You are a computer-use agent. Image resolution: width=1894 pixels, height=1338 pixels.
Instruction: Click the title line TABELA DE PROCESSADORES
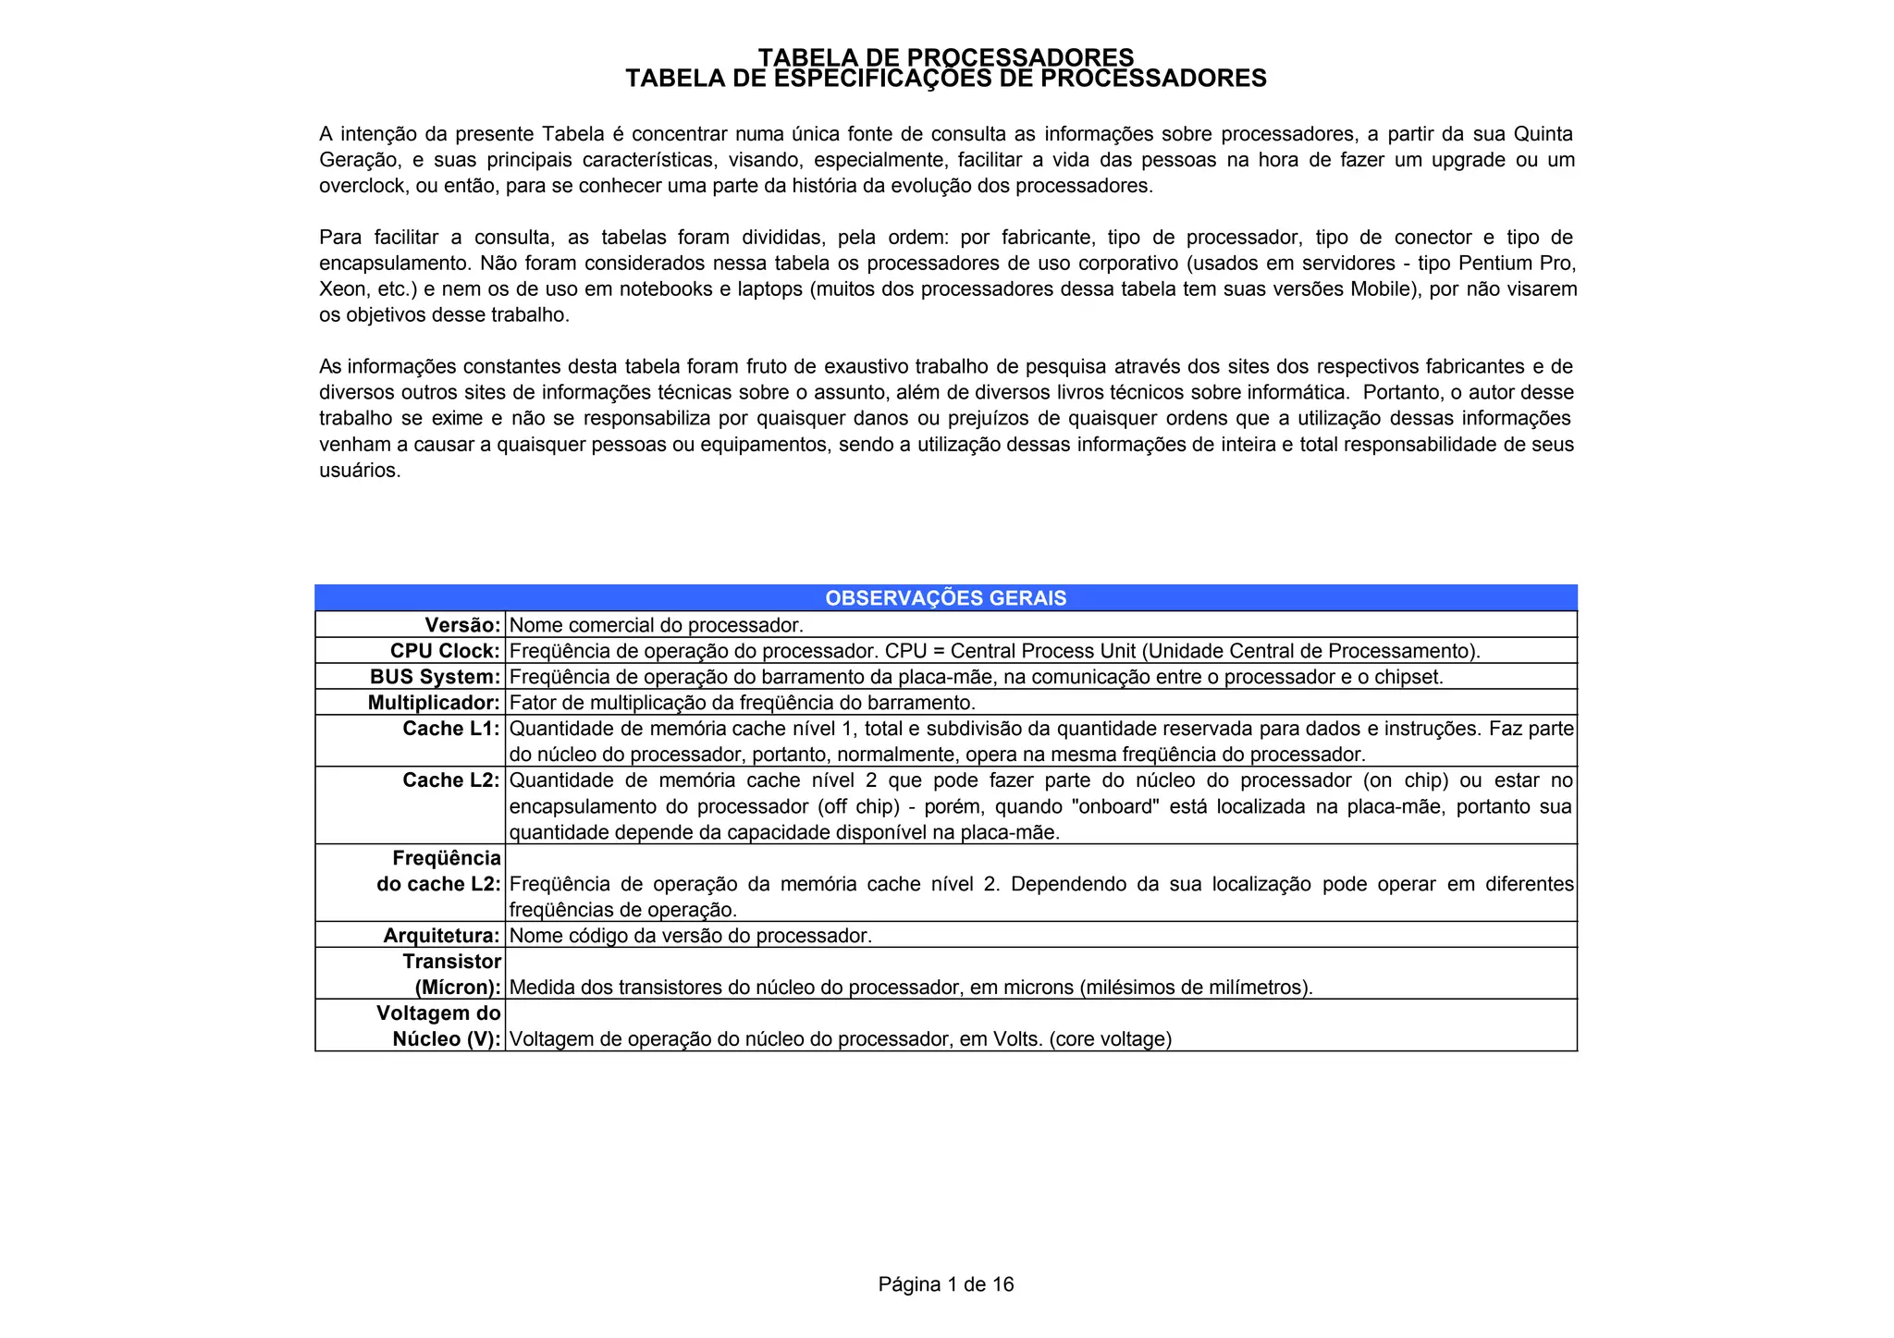[x=945, y=57]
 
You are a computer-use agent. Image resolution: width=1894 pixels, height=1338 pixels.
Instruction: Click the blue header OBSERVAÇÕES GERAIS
[x=945, y=598]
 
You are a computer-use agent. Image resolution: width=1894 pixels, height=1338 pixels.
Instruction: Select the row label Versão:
[x=462, y=625]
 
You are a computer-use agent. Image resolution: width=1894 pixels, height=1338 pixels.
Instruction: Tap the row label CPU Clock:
[x=445, y=651]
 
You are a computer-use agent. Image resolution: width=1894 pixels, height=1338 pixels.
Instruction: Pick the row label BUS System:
[x=435, y=677]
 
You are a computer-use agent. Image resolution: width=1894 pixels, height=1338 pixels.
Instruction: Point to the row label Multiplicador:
[x=434, y=703]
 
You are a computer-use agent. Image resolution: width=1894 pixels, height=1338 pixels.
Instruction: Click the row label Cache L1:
[x=451, y=729]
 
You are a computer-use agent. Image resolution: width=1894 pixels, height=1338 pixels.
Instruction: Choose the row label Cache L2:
[x=451, y=780]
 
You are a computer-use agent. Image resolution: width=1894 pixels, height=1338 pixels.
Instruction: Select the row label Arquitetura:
[x=441, y=936]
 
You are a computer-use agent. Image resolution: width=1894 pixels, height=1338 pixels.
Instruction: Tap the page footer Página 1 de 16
[x=945, y=1284]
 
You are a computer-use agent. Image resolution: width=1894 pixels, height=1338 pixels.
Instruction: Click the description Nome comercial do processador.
[x=657, y=625]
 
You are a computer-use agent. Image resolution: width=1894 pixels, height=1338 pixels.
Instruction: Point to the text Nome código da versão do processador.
[x=690, y=936]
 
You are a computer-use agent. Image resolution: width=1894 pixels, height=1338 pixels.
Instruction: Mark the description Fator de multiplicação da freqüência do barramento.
[x=743, y=703]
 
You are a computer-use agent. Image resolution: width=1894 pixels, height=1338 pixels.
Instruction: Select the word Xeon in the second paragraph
[x=342, y=289]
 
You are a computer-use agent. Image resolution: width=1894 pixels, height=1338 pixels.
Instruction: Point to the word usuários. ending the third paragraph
[x=360, y=471]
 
